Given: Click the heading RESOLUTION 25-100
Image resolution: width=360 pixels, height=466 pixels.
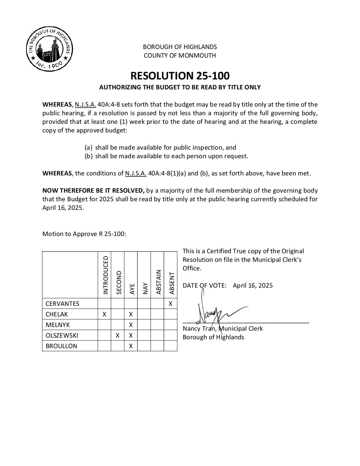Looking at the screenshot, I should point(180,76).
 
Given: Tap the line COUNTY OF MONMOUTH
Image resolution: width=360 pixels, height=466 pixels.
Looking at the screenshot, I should point(180,56).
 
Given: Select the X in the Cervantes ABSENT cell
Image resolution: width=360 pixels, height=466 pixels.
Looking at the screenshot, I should point(170,303).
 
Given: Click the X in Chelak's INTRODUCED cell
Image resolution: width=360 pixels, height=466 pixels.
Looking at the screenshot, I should point(104,314).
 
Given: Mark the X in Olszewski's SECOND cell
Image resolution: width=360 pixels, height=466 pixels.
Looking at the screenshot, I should point(117,335).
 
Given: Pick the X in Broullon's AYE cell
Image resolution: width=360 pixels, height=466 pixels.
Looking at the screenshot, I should point(131,346).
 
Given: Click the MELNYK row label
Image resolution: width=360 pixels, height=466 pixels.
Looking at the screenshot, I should point(58,325).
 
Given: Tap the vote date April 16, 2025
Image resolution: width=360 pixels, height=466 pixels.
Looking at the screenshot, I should point(253,285).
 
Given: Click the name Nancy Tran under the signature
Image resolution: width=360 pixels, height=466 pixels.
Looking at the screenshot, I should point(198,328).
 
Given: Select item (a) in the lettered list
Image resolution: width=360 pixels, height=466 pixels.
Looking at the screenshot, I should point(160,148).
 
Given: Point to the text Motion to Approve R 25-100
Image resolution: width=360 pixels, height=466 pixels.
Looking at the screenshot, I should point(84,234).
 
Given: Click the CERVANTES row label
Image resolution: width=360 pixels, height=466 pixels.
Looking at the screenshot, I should point(63,303).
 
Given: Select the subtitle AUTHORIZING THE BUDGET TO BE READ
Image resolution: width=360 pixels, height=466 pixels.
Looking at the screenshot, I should point(180,87).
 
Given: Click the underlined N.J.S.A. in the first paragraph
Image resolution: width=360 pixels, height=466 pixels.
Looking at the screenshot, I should point(85,105).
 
